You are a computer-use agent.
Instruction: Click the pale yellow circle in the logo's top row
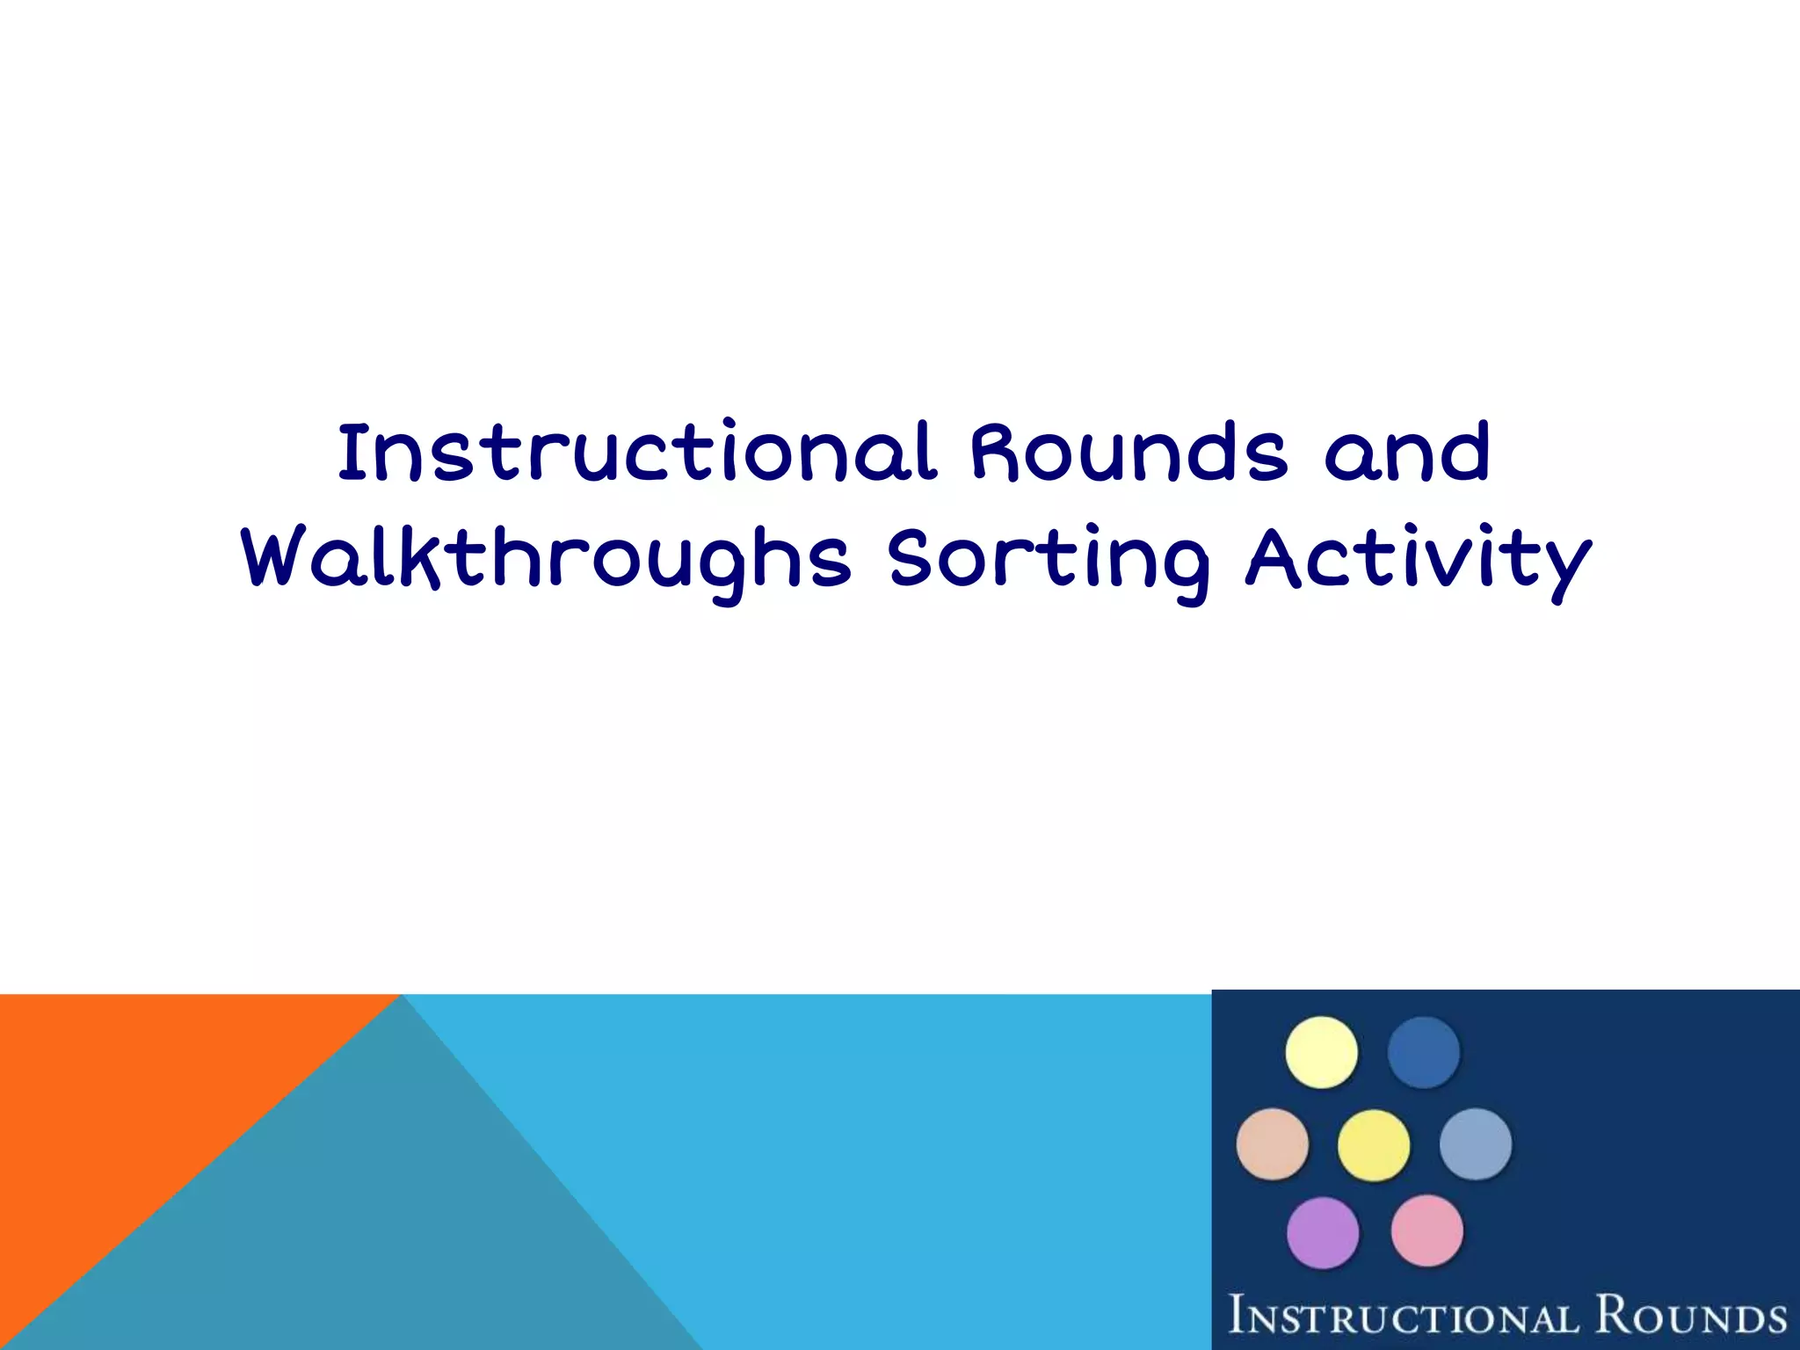[x=1321, y=1052]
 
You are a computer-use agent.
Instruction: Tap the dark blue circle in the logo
[x=1424, y=1052]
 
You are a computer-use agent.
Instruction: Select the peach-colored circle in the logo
[x=1272, y=1144]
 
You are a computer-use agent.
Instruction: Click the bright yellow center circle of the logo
[x=1374, y=1145]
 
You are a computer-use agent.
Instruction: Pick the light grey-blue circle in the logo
[x=1476, y=1144]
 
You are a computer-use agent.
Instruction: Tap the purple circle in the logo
[x=1323, y=1233]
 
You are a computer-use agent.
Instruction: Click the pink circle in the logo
[x=1427, y=1231]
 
